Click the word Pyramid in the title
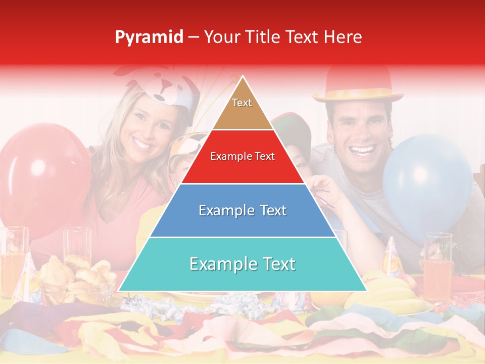tap(149, 37)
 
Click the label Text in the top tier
tap(242, 103)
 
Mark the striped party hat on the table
tap(392, 258)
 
